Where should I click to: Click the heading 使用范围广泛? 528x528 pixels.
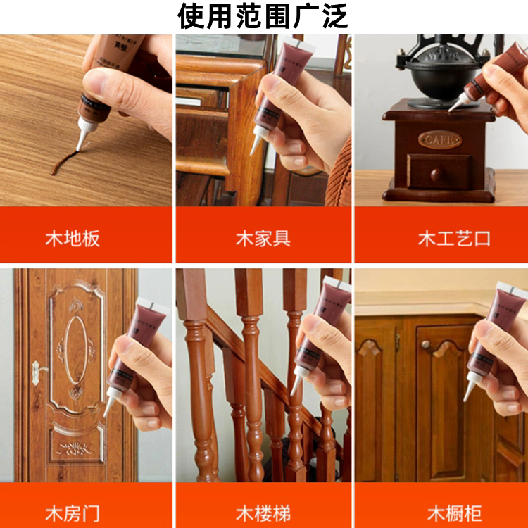[x=263, y=16]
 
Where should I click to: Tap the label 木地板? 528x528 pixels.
[x=73, y=238]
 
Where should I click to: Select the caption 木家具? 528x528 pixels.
[x=263, y=238]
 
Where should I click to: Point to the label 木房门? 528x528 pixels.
[x=73, y=513]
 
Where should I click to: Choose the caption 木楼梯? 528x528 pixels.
[x=263, y=513]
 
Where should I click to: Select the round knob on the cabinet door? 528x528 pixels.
[x=426, y=344]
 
